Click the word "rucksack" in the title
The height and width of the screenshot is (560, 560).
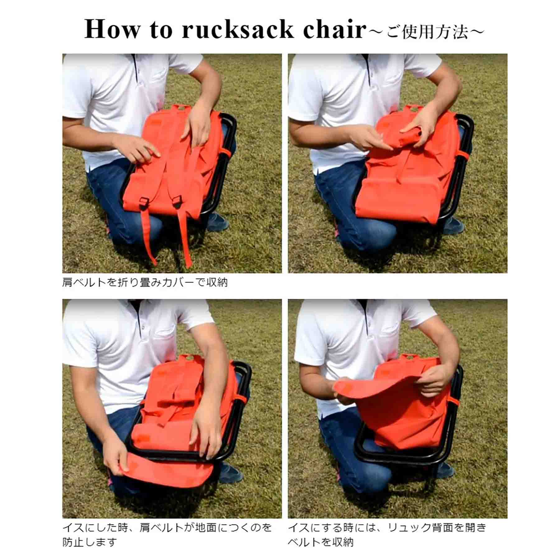pos(238,29)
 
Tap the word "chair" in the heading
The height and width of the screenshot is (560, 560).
pos(335,29)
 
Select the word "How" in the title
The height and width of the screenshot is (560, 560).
pos(112,29)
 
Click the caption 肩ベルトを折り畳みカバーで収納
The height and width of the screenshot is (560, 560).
pos(145,282)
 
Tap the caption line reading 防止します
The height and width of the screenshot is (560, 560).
pos(90,542)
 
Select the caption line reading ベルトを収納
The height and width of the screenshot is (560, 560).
pos(321,542)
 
